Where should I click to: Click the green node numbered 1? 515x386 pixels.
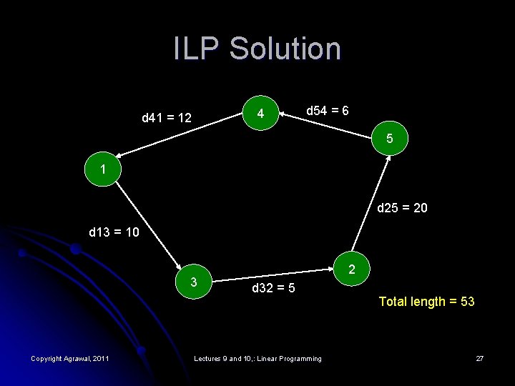[104, 172]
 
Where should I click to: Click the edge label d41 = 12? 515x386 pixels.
[167, 117]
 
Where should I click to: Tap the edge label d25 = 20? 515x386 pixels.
[403, 208]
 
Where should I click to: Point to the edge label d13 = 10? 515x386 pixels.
[114, 232]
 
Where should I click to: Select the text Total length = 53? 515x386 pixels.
[426, 302]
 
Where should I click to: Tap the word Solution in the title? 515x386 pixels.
[285, 49]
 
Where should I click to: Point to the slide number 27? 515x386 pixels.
[479, 358]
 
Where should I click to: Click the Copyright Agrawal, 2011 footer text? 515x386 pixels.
[69, 358]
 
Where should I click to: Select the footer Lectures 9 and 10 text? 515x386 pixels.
[258, 358]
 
